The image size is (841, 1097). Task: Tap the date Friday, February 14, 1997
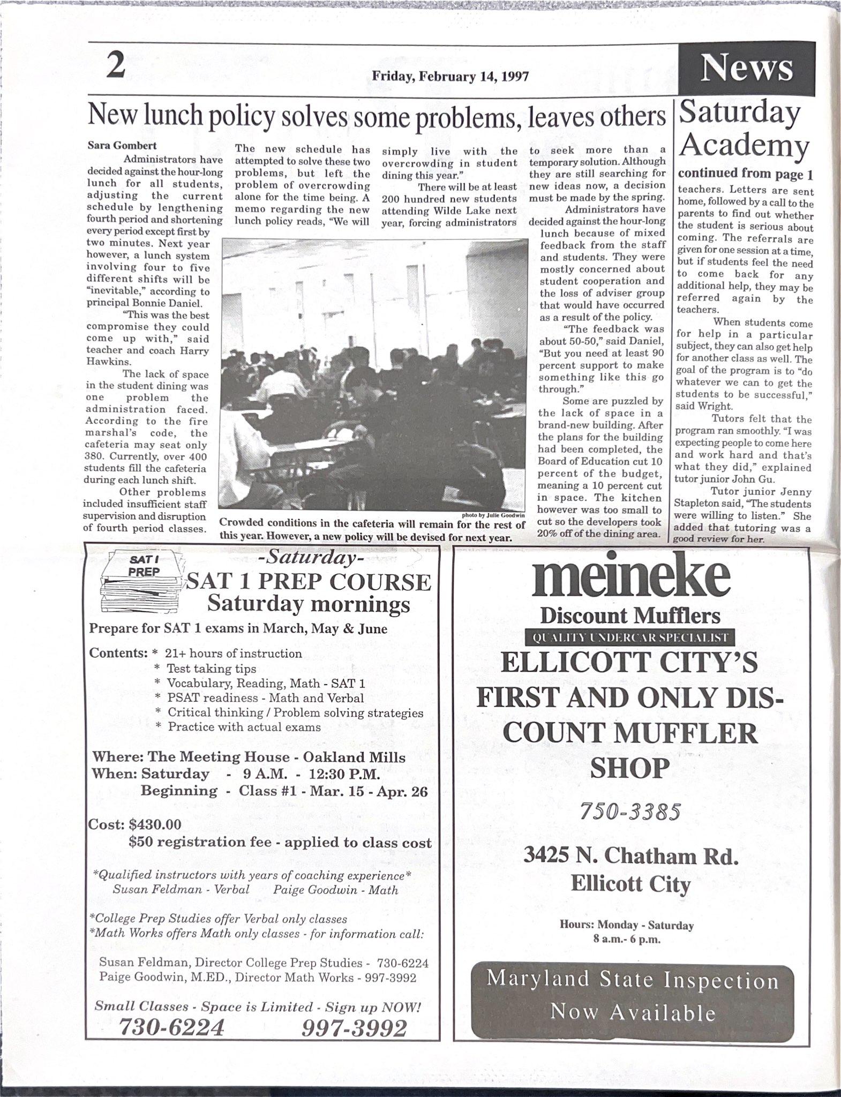(450, 76)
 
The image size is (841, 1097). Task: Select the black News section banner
(746, 69)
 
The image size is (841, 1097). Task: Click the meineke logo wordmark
(630, 580)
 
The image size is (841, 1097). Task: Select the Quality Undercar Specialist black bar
(630, 637)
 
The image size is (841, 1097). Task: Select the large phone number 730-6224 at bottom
(170, 1027)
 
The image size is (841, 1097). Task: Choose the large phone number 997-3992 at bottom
(354, 1027)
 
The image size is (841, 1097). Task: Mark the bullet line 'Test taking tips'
(211, 668)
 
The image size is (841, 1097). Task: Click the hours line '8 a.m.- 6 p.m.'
(627, 939)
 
